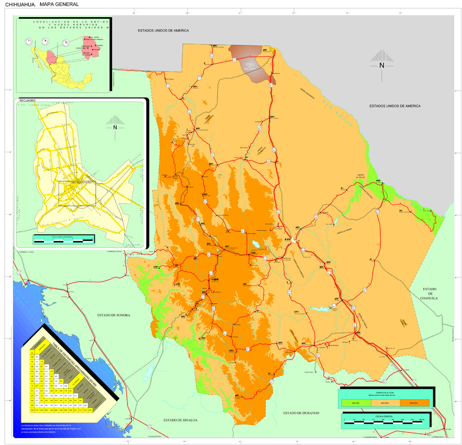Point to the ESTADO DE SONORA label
click(x=114, y=315)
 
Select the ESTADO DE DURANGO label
click(x=301, y=413)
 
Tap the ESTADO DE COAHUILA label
click(x=429, y=293)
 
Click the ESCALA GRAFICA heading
click(x=384, y=416)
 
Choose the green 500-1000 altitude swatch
click(x=356, y=403)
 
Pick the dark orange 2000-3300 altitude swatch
click(x=414, y=403)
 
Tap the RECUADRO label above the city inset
click(x=27, y=100)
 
